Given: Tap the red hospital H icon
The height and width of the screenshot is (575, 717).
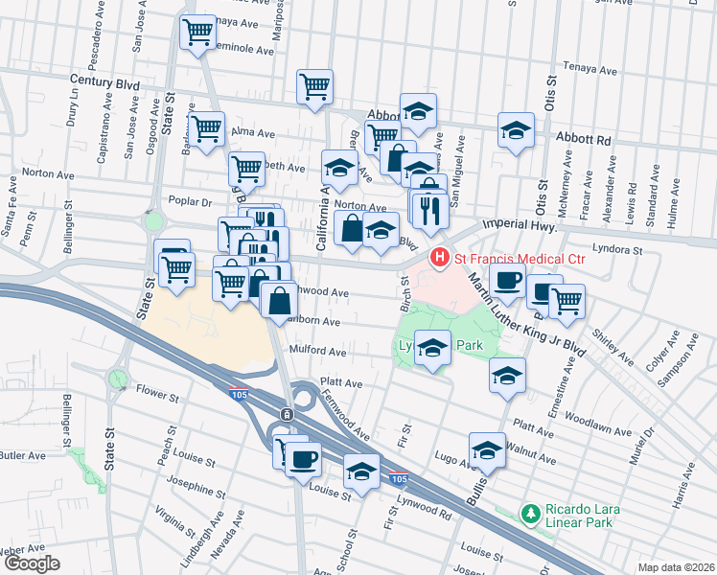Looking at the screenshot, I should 440,258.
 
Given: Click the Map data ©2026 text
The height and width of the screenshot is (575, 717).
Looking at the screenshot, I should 676,567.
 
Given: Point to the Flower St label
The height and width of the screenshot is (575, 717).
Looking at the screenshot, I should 157,393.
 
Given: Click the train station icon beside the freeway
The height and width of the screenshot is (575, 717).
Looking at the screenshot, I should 286,413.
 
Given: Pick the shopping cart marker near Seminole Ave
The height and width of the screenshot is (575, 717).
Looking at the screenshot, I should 197,33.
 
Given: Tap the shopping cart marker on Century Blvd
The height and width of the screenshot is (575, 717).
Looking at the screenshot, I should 314,86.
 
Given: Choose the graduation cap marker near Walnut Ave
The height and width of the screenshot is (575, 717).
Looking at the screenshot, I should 487,448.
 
